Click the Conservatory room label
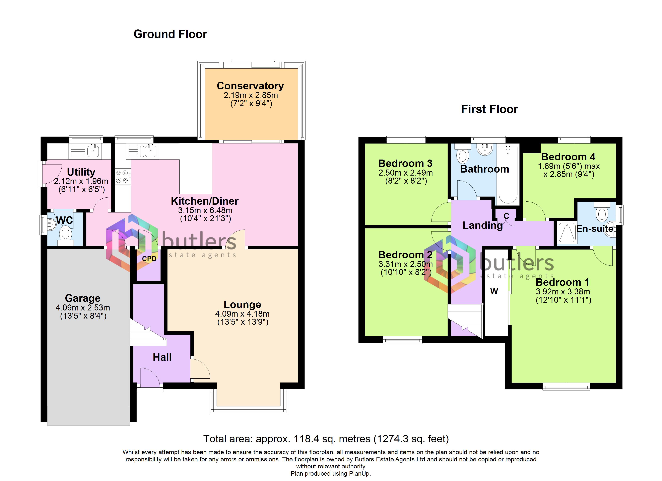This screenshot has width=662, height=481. (x=250, y=86)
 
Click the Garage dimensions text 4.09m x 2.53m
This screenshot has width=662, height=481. (x=83, y=307)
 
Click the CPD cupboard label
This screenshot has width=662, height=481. (x=149, y=259)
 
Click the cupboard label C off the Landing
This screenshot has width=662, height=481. (x=506, y=216)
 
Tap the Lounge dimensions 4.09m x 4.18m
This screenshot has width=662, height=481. (x=242, y=314)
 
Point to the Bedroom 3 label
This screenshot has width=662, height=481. (x=405, y=163)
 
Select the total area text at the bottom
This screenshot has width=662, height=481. (x=326, y=439)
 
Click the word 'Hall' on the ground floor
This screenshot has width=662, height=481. (x=162, y=357)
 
